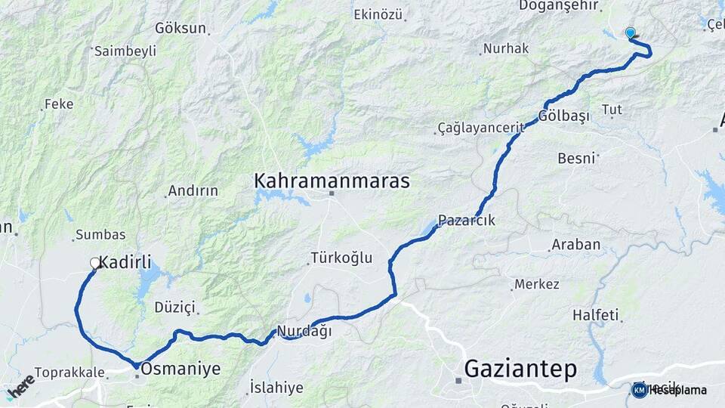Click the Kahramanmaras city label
pyautogui.click(x=332, y=181)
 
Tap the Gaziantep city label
pyautogui.click(x=520, y=369)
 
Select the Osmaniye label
pyautogui.click(x=180, y=369)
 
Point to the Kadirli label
pyautogui.click(x=125, y=264)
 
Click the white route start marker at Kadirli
pyautogui.click(x=95, y=263)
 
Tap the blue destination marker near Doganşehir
pyautogui.click(x=630, y=32)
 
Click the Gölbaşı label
pyautogui.click(x=563, y=116)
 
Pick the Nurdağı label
pyautogui.click(x=304, y=331)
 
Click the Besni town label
pyautogui.click(x=576, y=158)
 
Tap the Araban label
pyautogui.click(x=576, y=244)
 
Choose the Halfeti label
pyautogui.click(x=595, y=314)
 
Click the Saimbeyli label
pyautogui.click(x=125, y=51)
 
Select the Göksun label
pyautogui.click(x=180, y=28)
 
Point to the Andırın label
pyautogui.click(x=193, y=190)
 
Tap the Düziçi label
pyautogui.click(x=174, y=307)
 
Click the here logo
pyautogui.click(x=20, y=385)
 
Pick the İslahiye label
pyautogui.click(x=276, y=388)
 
